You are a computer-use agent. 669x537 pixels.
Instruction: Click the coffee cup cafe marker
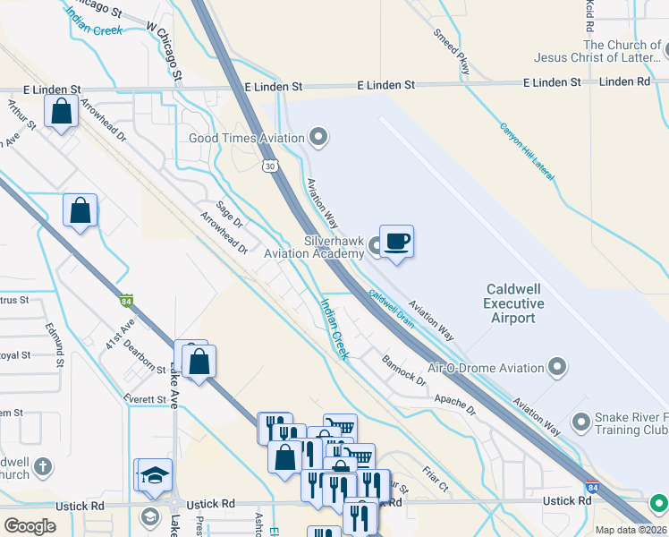click(x=396, y=242)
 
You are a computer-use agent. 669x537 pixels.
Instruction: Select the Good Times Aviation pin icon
click(x=318, y=138)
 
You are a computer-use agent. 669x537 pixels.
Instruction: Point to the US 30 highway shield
click(x=270, y=166)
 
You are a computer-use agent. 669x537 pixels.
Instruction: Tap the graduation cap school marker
click(x=155, y=474)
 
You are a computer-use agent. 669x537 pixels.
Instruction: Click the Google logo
click(x=30, y=525)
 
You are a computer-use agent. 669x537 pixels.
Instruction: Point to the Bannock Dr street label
click(x=403, y=371)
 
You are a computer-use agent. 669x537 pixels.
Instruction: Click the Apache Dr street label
click(x=455, y=404)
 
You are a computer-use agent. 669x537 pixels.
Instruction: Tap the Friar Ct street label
click(x=436, y=481)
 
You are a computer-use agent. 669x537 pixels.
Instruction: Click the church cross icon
click(x=42, y=466)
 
